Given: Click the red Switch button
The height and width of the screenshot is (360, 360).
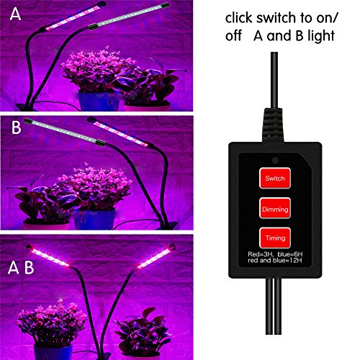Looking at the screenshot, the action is [x=275, y=178].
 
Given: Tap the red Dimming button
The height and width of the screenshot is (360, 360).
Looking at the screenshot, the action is [x=275, y=208].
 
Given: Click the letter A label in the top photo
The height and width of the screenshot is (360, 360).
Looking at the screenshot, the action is [x=15, y=14].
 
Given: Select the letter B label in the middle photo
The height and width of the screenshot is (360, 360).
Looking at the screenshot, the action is [x=17, y=127].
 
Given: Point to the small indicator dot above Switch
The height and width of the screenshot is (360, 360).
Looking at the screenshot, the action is [x=275, y=160].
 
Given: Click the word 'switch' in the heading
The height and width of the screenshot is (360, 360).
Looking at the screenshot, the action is [x=272, y=18].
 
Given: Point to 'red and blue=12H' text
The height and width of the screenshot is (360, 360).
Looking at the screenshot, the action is [x=275, y=260].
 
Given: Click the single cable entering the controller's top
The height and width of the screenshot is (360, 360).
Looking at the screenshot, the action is [x=274, y=81].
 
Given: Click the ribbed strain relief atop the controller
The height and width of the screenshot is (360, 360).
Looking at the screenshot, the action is [x=274, y=125].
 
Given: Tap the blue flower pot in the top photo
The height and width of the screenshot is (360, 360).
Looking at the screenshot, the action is [x=99, y=101].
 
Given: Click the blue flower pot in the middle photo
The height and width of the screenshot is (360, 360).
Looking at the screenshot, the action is [x=94, y=219].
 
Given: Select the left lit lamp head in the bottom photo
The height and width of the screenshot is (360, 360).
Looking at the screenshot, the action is [x=48, y=256].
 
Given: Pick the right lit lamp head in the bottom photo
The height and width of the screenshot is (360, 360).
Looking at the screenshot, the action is [x=156, y=256].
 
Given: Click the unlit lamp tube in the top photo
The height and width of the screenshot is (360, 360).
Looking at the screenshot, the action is [x=129, y=16].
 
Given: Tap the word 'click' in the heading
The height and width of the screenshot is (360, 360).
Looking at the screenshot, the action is [x=238, y=18].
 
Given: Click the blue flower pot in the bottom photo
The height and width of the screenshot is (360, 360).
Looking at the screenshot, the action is [x=53, y=352].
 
